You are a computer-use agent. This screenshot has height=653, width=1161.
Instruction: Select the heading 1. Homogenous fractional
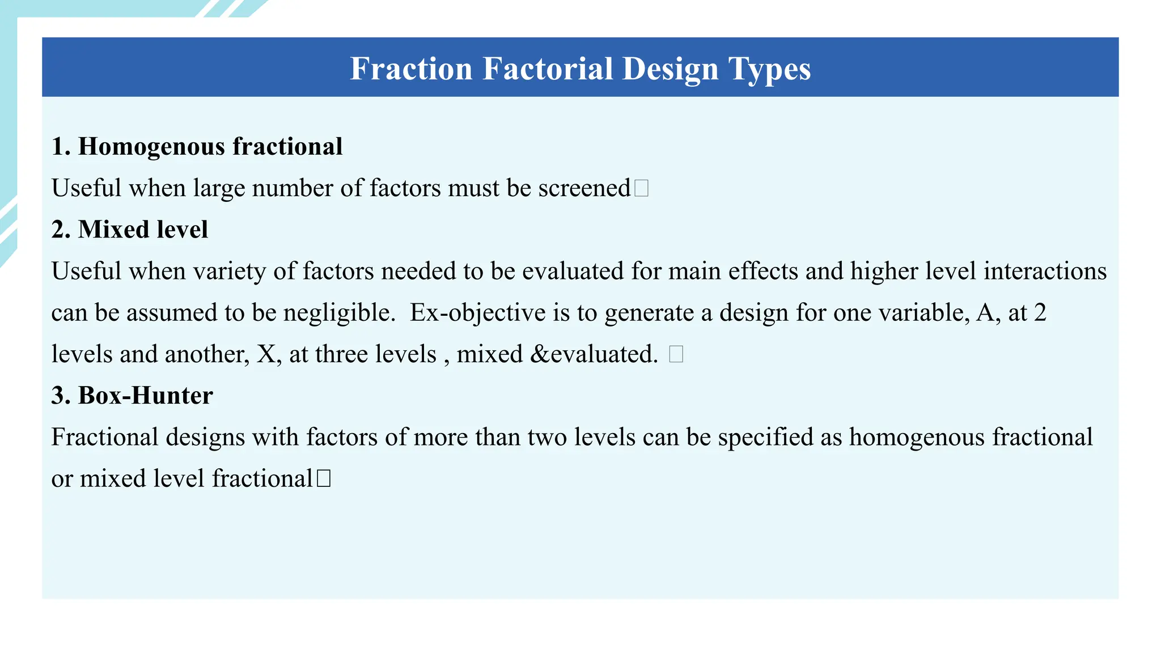(197, 146)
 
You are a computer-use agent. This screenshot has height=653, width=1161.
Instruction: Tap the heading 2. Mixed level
(130, 230)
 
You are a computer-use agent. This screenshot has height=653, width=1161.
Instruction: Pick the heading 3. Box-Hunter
(132, 396)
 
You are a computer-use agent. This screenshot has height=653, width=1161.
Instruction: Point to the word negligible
(339, 313)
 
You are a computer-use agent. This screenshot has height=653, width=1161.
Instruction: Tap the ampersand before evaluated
(540, 354)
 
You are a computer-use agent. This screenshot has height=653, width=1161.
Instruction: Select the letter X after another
(266, 354)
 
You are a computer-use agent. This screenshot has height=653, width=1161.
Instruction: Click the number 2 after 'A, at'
(1040, 313)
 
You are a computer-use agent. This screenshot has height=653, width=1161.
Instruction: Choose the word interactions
(1045, 271)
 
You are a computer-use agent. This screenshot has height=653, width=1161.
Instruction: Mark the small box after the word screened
(641, 188)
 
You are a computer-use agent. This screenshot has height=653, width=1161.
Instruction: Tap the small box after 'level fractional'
(323, 478)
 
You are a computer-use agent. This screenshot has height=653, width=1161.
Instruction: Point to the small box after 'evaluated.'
(676, 354)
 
